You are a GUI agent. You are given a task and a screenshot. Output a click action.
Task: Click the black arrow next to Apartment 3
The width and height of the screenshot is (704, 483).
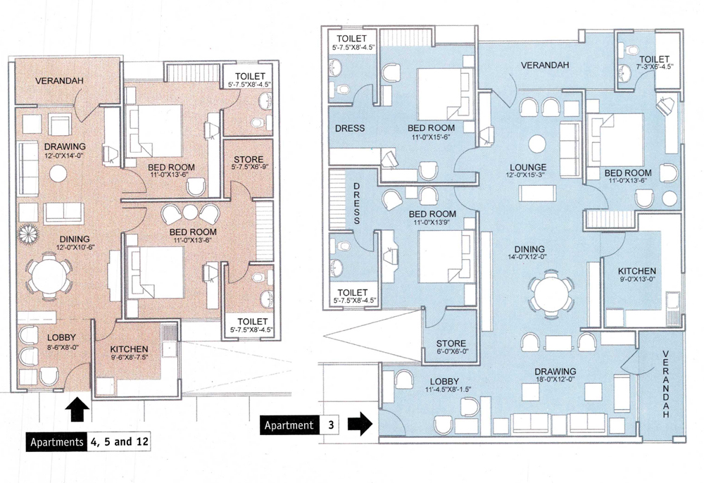pyautogui.click(x=360, y=425)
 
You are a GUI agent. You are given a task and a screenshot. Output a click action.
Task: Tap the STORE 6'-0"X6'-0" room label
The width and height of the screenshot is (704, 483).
pyautogui.click(x=451, y=349)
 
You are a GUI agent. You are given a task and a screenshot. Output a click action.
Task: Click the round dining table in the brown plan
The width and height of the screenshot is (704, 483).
pyautogui.click(x=48, y=275)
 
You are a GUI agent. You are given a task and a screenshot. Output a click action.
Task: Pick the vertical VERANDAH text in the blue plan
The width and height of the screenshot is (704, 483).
pyautogui.click(x=667, y=385)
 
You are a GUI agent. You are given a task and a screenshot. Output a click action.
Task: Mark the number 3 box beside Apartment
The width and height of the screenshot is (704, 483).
pyautogui.click(x=332, y=425)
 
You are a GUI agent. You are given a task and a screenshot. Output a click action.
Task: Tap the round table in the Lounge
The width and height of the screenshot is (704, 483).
pyautogui.click(x=538, y=142)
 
